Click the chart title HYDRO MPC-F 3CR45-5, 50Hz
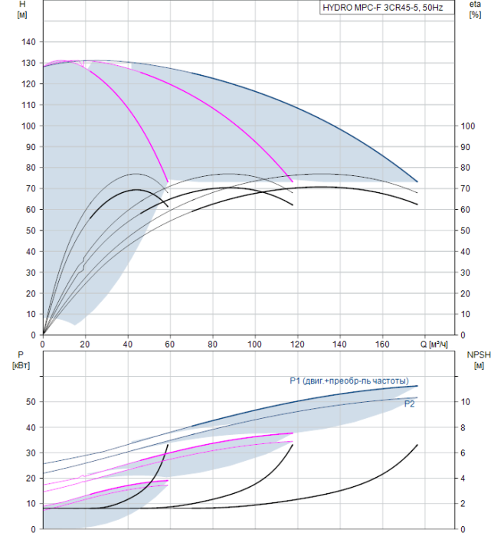(383, 8)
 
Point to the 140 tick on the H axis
(28, 42)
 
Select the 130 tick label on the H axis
(28, 64)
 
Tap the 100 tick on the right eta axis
(468, 126)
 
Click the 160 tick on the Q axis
(382, 344)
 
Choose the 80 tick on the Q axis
(212, 344)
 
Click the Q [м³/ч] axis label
(434, 344)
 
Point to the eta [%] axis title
(475, 9)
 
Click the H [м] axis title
(22, 9)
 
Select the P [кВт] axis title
(21, 361)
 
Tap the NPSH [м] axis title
(479, 361)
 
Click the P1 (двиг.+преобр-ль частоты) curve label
(349, 381)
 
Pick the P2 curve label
(409, 404)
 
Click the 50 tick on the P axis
(31, 402)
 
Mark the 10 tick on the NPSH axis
(466, 402)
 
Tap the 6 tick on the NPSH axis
(463, 453)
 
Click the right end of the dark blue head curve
(417, 181)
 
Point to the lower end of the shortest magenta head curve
(168, 181)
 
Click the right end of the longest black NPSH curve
(417, 445)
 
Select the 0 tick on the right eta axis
(463, 335)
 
